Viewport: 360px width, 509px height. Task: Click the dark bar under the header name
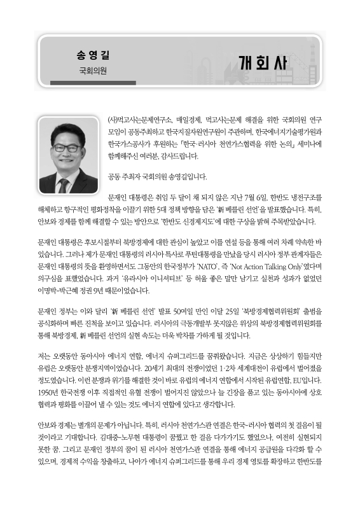point(93,83)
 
